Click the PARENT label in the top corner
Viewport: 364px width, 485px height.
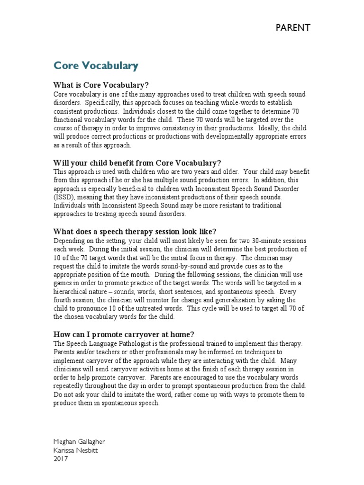[x=293, y=28]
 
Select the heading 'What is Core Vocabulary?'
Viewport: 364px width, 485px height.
[x=101, y=85]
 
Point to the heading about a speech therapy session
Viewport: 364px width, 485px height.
[x=135, y=232]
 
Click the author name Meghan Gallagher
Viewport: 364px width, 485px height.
[x=79, y=442]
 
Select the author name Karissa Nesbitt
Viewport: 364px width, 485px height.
[x=75, y=450]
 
